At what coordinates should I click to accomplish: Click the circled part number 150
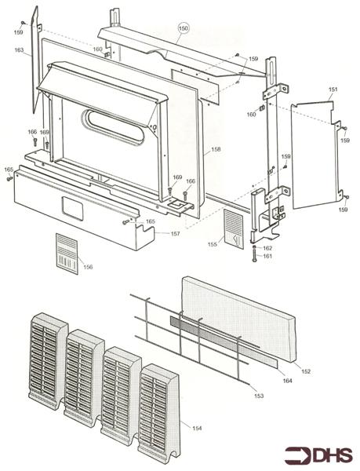tap(183, 28)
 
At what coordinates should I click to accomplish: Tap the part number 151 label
tap(333, 89)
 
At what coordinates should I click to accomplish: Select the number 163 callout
tap(19, 50)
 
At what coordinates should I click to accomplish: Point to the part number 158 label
tap(216, 149)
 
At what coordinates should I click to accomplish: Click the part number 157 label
tap(175, 233)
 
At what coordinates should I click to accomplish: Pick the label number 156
tap(88, 267)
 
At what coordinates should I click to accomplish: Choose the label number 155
tap(212, 244)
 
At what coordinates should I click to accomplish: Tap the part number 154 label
tap(197, 428)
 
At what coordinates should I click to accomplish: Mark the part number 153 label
tap(259, 396)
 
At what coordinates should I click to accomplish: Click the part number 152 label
tap(306, 371)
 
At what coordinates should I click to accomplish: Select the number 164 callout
tap(287, 381)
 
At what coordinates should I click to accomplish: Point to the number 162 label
tap(267, 248)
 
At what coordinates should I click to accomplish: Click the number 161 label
tap(267, 256)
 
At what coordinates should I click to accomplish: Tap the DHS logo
tap(318, 455)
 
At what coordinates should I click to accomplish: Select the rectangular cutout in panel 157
tap(72, 209)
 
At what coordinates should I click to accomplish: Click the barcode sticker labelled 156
tap(67, 254)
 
